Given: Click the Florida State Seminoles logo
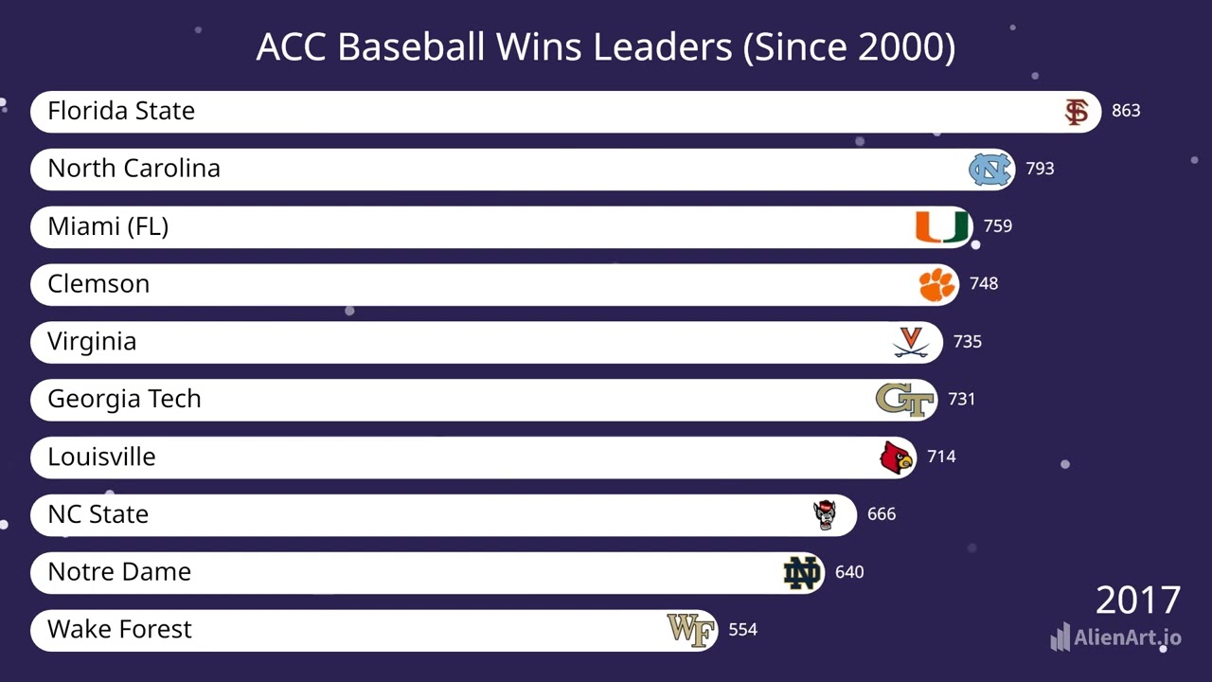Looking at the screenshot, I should point(1076,112).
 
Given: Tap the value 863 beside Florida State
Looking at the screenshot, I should point(1126,111).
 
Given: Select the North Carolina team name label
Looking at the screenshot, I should point(134,169).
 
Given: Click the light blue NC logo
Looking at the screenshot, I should point(990,170).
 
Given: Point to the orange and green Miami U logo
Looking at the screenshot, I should point(942,227).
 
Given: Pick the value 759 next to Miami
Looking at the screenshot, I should point(998,226).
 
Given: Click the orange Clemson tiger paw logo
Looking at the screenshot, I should point(937,284).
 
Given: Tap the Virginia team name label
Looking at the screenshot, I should point(92,342).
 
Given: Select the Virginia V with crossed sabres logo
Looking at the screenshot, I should point(912,342).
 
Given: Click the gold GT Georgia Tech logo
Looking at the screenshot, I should point(905,400).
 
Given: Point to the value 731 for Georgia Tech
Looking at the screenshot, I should point(961,399).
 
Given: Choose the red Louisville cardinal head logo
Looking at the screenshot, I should point(896,458).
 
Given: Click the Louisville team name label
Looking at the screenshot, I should point(101,457).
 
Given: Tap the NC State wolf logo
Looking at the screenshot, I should point(826,514).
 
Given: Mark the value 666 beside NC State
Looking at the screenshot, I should point(882,514).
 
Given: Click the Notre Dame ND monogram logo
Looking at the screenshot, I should point(802,573).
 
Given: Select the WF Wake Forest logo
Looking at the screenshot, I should point(691,630).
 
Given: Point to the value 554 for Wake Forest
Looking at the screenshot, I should point(742,630).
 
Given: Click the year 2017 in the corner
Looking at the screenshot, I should point(1138,601).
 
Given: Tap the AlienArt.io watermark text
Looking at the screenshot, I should point(1127,637).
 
